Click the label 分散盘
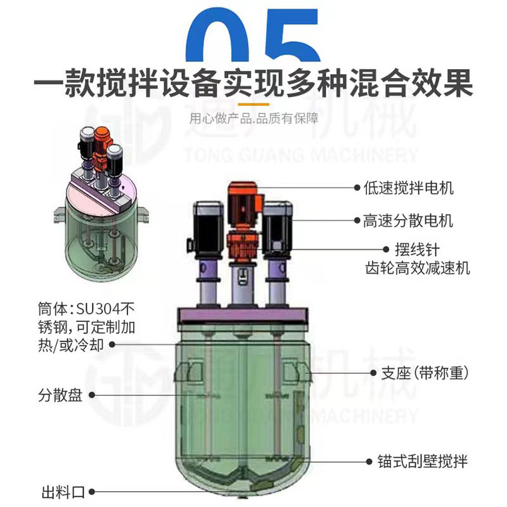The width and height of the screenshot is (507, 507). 60,397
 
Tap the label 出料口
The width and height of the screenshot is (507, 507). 60,491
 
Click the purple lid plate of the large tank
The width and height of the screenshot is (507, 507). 242,316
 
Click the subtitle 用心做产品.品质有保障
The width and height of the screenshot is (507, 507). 253,117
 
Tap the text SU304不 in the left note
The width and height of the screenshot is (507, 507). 105,310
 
